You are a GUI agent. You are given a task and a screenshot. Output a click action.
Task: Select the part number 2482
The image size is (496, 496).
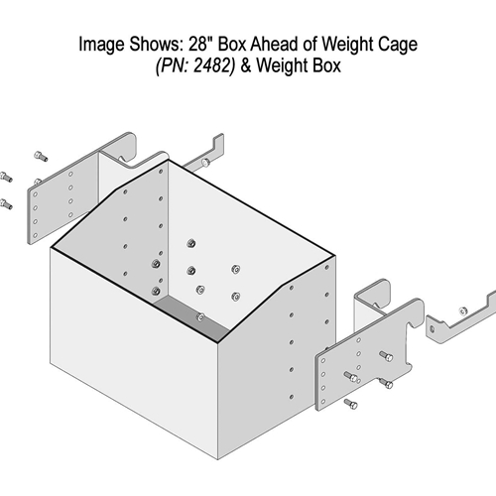pyautogui.click(x=213, y=65)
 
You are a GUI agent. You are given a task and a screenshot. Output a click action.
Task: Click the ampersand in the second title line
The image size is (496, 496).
pyautogui.click(x=246, y=65)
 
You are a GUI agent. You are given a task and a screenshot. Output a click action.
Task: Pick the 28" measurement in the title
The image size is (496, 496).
pyautogui.click(x=200, y=44)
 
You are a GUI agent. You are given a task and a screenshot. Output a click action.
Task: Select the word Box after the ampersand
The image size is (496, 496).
pyautogui.click(x=326, y=65)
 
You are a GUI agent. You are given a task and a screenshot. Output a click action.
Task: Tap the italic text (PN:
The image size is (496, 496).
pyautogui.click(x=173, y=65)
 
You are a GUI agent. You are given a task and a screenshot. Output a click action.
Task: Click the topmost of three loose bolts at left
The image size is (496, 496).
pyautogui.click(x=41, y=156)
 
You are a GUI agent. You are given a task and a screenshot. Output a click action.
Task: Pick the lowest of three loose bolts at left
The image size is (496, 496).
pyautogui.click(x=6, y=203)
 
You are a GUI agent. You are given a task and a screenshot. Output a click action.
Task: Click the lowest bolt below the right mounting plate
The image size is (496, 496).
pyautogui.click(x=351, y=404)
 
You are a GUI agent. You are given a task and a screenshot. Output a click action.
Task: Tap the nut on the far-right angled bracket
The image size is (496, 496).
pyautogui.click(x=463, y=310)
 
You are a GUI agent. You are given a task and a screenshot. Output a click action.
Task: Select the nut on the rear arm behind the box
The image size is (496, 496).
pyautogui.click(x=205, y=162)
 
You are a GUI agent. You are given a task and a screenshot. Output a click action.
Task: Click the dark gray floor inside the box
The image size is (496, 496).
pyautogui.click(x=191, y=317)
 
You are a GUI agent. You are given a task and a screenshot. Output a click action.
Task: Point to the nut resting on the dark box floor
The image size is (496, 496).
pyautogui.click(x=200, y=317)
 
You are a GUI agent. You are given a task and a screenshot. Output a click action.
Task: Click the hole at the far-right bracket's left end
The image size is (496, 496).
pyautogui.click(x=432, y=329)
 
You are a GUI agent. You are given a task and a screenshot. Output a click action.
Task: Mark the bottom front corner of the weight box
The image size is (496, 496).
pyautogui.click(x=217, y=459)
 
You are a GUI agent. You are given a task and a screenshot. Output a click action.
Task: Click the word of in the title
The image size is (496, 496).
pyautogui.click(x=310, y=44)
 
